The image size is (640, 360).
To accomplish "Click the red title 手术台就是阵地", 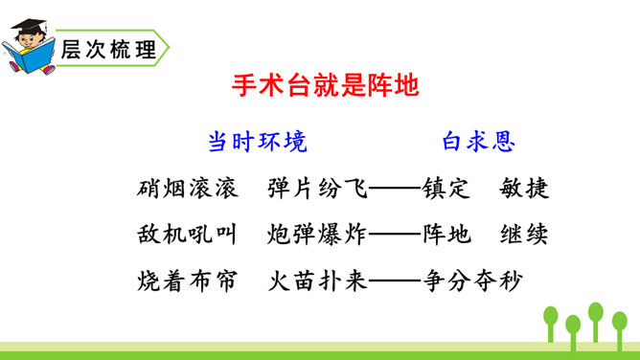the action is click(326, 85).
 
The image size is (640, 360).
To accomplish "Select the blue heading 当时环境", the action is click(258, 142).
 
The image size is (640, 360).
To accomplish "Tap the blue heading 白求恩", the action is click(479, 142).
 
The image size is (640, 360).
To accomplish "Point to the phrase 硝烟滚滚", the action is click(188, 189).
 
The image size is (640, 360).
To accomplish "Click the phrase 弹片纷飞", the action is click(317, 189).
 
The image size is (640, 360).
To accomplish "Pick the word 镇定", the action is click(446, 189).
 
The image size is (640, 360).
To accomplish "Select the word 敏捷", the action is click(524, 189).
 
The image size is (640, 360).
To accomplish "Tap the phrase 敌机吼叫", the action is click(187, 235).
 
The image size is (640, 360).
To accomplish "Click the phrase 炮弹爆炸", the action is click(317, 235).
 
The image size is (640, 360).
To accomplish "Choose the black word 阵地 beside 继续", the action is click(446, 235).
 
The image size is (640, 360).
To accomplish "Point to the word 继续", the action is click(524, 235).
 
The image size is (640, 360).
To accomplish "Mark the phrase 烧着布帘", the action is click(187, 281).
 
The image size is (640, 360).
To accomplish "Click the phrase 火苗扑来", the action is click(317, 281).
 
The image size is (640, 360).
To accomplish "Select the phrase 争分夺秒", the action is click(472, 281).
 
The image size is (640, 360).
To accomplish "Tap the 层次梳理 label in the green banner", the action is click(108, 50).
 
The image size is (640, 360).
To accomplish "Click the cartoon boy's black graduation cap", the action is click(29, 26).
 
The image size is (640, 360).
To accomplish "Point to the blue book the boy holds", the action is click(30, 56).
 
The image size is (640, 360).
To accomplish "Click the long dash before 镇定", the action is click(395, 189).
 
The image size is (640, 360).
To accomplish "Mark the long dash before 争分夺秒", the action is click(395, 281).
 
